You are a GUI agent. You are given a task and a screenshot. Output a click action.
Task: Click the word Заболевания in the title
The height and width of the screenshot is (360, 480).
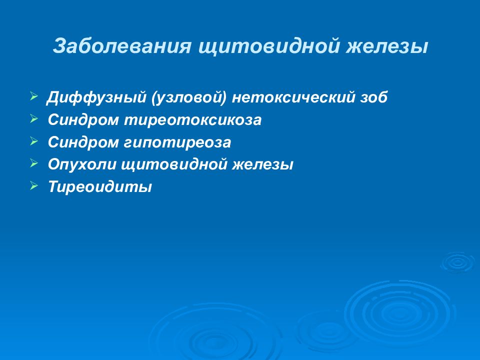(x=122, y=46)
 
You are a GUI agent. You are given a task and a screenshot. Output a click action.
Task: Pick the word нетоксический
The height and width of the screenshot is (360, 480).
(x=292, y=97)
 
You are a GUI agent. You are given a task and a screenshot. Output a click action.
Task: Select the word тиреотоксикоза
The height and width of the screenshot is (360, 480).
(x=193, y=119)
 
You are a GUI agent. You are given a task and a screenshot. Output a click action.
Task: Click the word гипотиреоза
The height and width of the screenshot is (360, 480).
(x=177, y=142)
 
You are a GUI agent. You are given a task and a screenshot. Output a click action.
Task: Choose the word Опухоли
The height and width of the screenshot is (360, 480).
(x=82, y=164)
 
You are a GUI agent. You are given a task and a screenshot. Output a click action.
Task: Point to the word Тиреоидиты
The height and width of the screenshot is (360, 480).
(x=100, y=186)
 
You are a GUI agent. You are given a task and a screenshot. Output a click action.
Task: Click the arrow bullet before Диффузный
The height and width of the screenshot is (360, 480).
(x=34, y=96)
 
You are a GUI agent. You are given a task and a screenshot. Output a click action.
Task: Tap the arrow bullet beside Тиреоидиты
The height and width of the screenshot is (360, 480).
(x=34, y=185)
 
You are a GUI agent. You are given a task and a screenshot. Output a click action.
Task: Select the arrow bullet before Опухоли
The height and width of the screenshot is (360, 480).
(x=34, y=163)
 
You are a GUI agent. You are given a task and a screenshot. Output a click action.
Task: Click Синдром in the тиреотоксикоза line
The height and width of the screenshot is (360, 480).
(x=83, y=119)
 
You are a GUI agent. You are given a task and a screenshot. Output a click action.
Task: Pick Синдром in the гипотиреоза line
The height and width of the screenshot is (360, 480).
(x=83, y=142)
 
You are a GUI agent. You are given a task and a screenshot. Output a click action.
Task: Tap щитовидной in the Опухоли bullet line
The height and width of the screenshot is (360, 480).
(x=174, y=164)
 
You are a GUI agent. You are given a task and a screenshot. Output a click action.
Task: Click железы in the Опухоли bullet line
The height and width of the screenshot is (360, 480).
(x=262, y=164)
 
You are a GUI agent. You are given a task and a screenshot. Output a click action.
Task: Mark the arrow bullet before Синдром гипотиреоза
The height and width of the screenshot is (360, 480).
(x=34, y=141)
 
